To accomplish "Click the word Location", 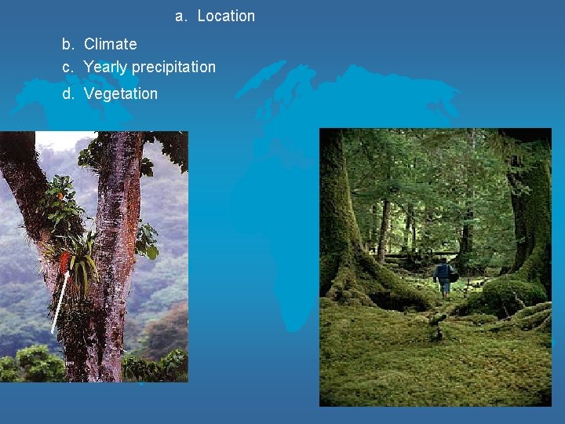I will [226, 16].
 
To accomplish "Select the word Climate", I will [110, 45].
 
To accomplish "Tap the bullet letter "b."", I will [69, 45].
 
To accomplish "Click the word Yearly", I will [106, 68].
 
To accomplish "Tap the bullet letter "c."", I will [69, 68].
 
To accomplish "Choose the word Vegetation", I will [120, 94].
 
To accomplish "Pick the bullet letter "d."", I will [69, 94].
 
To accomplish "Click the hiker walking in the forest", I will [444, 277].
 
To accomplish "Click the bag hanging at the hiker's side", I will [453, 276].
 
